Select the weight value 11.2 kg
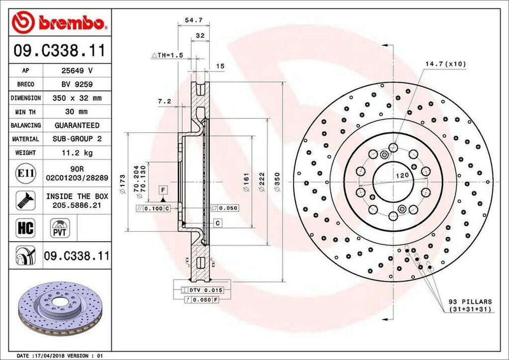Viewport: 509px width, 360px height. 77,152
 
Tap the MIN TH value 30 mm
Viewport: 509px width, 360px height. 77,112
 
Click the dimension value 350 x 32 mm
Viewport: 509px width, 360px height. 77,98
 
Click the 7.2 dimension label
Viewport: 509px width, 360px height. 165,101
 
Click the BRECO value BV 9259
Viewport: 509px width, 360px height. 77,85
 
